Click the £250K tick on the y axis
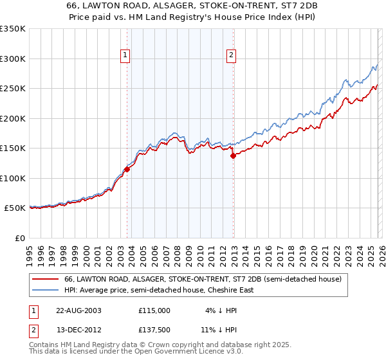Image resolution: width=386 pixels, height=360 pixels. (13, 88)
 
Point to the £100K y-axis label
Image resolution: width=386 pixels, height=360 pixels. (13, 178)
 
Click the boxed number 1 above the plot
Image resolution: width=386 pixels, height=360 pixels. (126, 56)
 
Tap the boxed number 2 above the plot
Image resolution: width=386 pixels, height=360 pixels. (231, 56)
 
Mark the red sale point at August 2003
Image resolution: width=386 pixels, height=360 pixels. (127, 169)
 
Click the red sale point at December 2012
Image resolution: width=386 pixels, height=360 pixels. (233, 156)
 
